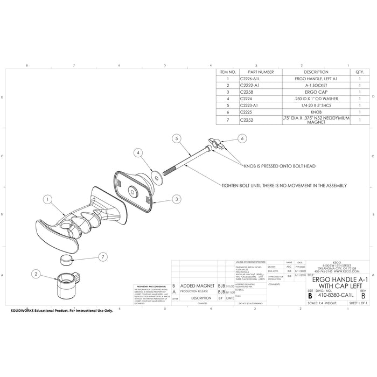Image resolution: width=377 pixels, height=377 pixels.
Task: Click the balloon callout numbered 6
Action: [x=242, y=138]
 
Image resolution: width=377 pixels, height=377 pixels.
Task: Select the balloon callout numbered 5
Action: [x=176, y=138]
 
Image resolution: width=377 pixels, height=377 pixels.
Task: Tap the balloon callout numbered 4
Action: [x=139, y=153]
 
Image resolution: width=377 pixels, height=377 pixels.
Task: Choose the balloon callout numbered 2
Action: [x=36, y=274]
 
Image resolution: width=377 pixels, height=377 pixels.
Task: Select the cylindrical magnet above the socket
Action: [x=67, y=261]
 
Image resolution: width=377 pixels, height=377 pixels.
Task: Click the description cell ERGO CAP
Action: [x=316, y=92]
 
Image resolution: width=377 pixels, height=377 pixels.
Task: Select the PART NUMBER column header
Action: [x=260, y=72]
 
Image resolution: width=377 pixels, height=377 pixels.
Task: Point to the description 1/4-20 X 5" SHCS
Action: [x=316, y=105]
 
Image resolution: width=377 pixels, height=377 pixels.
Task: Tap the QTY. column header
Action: [x=359, y=72]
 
